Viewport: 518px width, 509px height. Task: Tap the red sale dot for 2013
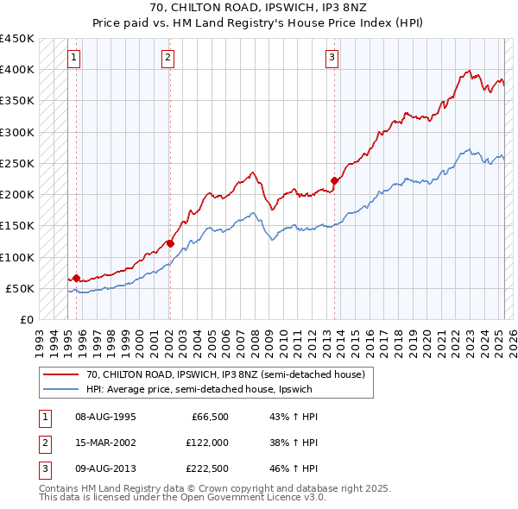pos(334,181)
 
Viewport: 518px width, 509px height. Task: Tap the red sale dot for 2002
pos(170,243)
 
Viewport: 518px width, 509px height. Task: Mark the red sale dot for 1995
pos(76,278)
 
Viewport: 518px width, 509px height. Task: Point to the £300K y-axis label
pos(17,132)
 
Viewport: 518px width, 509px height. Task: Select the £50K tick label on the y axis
pos(21,288)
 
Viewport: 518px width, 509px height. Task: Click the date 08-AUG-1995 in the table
pos(105,417)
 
